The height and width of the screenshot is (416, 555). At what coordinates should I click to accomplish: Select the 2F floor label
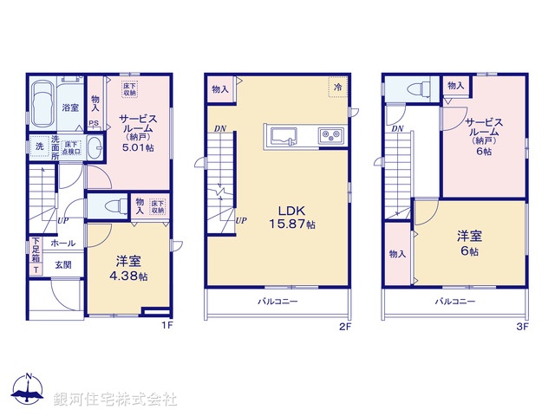(344, 327)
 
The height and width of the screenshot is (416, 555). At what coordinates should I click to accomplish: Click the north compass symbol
(28, 391)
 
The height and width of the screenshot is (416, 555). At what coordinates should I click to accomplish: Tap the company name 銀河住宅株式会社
(115, 399)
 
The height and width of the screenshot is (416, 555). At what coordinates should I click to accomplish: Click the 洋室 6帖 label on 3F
(470, 243)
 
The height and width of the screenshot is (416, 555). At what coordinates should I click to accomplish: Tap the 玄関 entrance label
(63, 265)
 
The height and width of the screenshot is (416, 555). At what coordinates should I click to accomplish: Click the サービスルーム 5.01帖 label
(137, 134)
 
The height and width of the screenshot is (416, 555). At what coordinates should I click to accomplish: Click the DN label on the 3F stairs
(396, 129)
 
